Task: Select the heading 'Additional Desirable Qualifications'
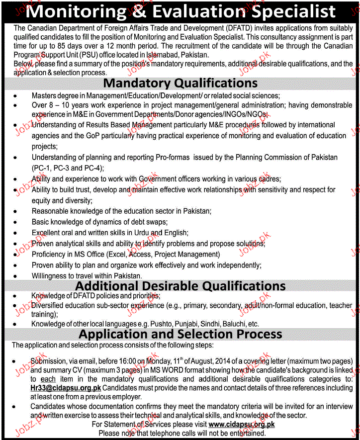click(x=180, y=285)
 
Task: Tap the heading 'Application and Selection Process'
click(x=180, y=334)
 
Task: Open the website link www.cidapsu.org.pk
click(x=242, y=424)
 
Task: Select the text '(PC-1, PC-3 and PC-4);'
click(x=68, y=168)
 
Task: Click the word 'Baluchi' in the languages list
click(x=237, y=324)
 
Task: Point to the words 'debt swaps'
click(x=149, y=222)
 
